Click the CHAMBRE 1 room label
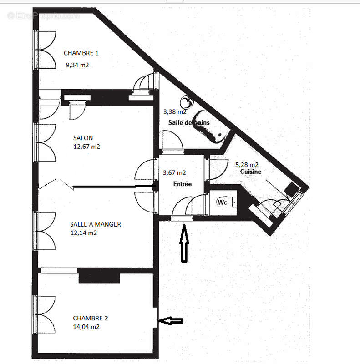(x=81, y=53)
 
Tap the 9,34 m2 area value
(x=77, y=65)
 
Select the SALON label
(x=83, y=138)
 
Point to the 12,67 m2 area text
(x=86, y=147)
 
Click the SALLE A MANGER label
(x=96, y=224)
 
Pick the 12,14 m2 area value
(x=83, y=233)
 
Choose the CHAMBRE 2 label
(x=91, y=318)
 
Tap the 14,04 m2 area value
(x=86, y=327)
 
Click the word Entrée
(x=182, y=184)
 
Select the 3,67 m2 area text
(x=174, y=172)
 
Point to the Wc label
(x=222, y=202)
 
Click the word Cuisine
(x=251, y=172)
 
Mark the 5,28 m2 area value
(x=247, y=164)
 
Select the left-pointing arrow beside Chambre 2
(x=170, y=321)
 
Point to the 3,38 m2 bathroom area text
(x=175, y=111)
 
